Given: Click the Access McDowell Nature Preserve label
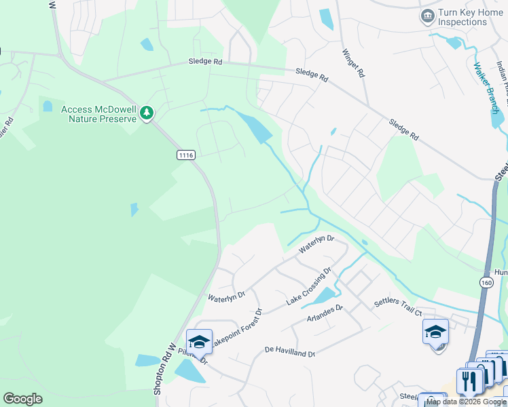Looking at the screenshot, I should tap(99, 113).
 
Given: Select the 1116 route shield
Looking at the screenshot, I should tap(187, 155).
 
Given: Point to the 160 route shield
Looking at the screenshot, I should tap(486, 282).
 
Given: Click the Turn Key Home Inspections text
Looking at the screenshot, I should tap(462, 18).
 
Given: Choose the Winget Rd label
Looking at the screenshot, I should tap(354, 62).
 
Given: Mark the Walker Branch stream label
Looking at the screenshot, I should tap(486, 88).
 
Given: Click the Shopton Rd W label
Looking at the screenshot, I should tap(164, 370).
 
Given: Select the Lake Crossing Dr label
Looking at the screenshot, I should tap(308, 286).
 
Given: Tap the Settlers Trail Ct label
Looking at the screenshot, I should tap(398, 307).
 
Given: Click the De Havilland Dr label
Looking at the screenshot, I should tap(290, 352).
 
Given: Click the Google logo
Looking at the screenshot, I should tap(22, 399).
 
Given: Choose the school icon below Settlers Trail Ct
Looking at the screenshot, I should tap(435, 332).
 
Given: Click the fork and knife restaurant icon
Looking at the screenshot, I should tap(469, 381).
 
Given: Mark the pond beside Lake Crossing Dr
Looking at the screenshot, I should tap(324, 296).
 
